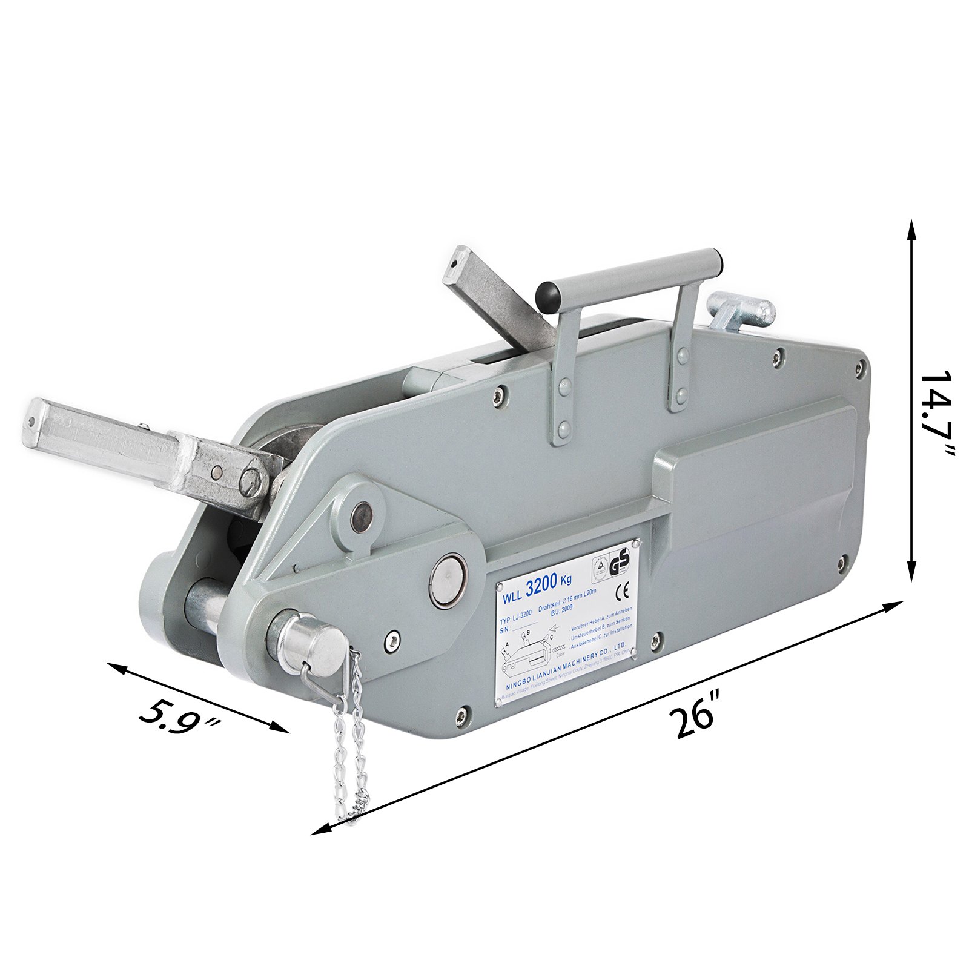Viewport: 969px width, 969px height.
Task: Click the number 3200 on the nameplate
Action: (541, 586)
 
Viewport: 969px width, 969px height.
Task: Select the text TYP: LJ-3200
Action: (515, 621)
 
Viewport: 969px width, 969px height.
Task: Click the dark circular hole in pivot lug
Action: (362, 517)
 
